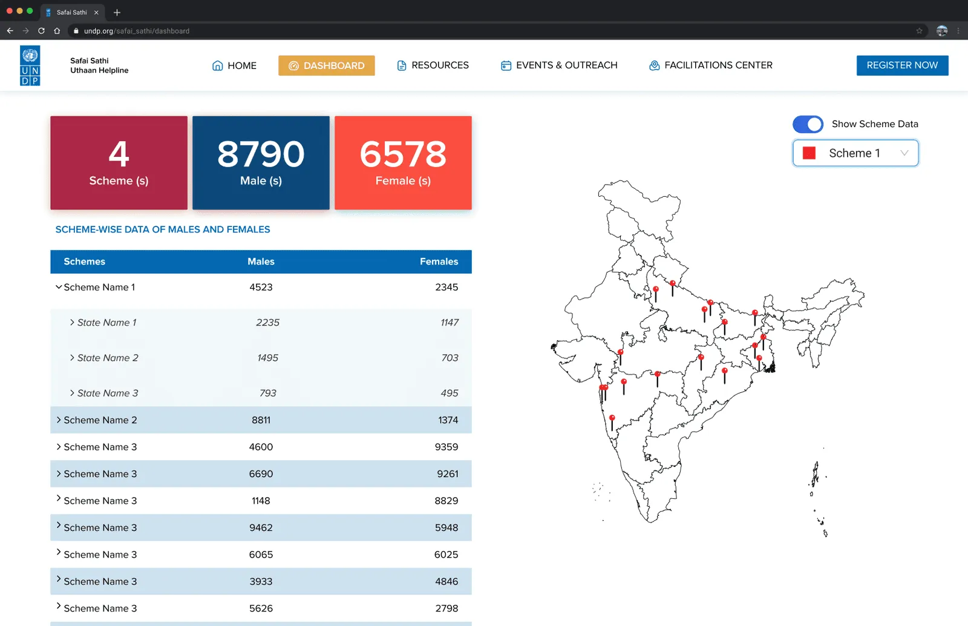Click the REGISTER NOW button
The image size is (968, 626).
coord(902,65)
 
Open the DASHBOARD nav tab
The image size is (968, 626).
coord(326,65)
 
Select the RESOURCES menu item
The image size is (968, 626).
coord(433,65)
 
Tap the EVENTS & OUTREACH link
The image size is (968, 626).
coord(559,65)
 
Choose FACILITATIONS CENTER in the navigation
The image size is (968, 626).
coord(710,65)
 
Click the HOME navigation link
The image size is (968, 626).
coord(234,66)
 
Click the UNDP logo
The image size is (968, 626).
coord(30,66)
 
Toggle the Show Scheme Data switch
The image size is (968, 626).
coord(808,125)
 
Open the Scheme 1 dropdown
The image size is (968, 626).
coord(855,153)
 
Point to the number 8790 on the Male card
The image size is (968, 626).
coord(261,154)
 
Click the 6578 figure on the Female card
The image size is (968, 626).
coord(403,154)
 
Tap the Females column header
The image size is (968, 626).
coord(439,262)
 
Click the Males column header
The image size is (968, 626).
coord(261,262)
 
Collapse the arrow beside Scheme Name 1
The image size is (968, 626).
coord(58,286)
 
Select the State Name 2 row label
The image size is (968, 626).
coord(108,358)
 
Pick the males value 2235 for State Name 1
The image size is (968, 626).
coord(267,323)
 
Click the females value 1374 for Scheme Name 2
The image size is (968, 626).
coord(448,420)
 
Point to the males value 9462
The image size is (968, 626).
coord(261,527)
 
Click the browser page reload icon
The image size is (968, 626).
coord(41,31)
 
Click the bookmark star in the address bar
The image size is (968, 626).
coord(919,31)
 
